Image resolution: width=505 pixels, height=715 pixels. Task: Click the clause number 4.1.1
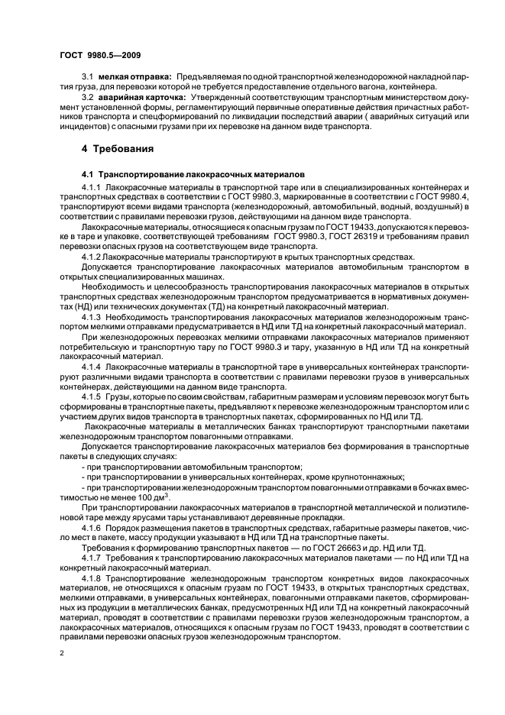click(91, 187)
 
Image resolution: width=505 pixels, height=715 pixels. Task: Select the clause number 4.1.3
click(91, 315)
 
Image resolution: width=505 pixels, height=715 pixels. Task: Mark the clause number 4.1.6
click(91, 528)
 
